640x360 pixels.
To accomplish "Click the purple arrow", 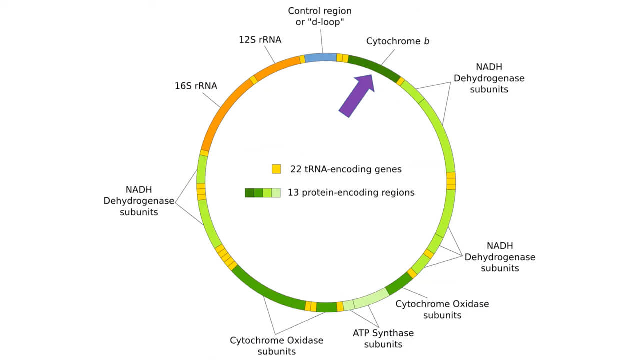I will (356, 96).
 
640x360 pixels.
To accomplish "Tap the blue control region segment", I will (320, 57).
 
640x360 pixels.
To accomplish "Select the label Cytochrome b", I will (398, 41).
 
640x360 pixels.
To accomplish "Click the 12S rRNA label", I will (260, 39).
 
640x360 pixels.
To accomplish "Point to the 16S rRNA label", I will (196, 86).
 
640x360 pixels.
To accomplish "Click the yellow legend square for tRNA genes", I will (276, 169).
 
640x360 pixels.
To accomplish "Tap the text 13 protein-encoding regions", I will (351, 192).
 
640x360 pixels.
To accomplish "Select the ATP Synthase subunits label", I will (383, 338).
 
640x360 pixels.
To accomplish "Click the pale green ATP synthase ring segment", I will (371, 298).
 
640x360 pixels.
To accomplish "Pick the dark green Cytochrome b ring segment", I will (373, 67).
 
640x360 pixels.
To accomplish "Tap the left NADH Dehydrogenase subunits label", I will (139, 201).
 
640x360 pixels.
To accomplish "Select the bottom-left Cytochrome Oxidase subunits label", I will (276, 346).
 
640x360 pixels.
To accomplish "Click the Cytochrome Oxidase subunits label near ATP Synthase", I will (442, 309).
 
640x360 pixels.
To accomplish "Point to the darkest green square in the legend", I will (249, 193).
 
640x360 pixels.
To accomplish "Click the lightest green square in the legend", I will (276, 193).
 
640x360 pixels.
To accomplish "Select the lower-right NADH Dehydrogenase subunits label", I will (500, 257).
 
